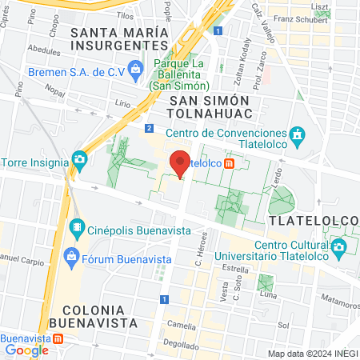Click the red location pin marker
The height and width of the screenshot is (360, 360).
pos(181,163)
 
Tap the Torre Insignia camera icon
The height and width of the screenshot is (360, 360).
pos(79,159)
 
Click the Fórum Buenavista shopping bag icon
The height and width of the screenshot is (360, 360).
pos(71,256)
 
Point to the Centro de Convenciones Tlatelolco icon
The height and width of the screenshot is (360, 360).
pos(298,134)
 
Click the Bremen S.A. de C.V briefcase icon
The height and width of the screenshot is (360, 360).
pos(136,70)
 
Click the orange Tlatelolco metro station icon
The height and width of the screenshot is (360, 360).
pos(230,163)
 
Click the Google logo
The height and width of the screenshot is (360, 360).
pos(26,350)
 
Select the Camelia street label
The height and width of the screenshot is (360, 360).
pos(181,326)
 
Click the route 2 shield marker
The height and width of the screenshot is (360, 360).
pos(149,128)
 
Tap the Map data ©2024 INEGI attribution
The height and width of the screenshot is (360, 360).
pos(312,354)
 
